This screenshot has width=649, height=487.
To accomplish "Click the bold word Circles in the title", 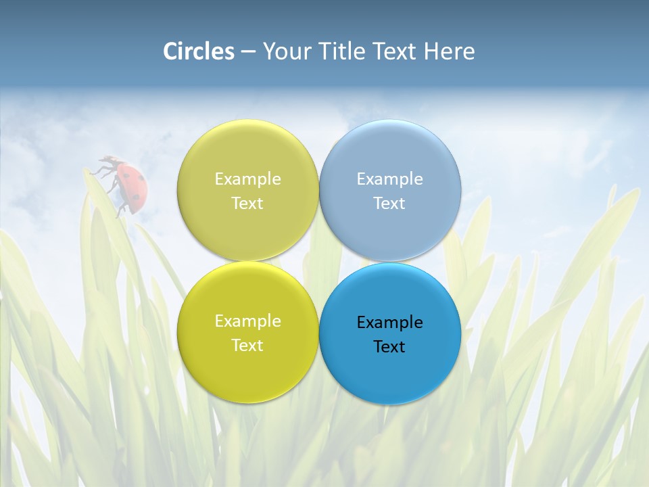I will coord(199,51).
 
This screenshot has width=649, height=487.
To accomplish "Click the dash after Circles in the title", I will coord(248,52).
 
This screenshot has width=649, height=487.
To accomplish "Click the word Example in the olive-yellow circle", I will coord(247,179).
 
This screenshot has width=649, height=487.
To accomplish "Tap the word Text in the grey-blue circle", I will coord(389,203).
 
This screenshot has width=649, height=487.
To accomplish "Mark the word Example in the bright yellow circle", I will coord(247,321).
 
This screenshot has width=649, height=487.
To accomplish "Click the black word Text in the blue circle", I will coord(389,346).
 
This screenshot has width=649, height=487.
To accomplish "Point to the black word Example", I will coord(389,322).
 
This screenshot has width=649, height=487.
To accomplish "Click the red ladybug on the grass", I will coord(132,185).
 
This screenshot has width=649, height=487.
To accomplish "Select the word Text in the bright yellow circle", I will coord(247,345).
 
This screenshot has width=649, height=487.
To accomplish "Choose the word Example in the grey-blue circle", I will coord(389,179).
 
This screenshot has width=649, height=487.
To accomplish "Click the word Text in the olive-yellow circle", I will coord(247,203).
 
